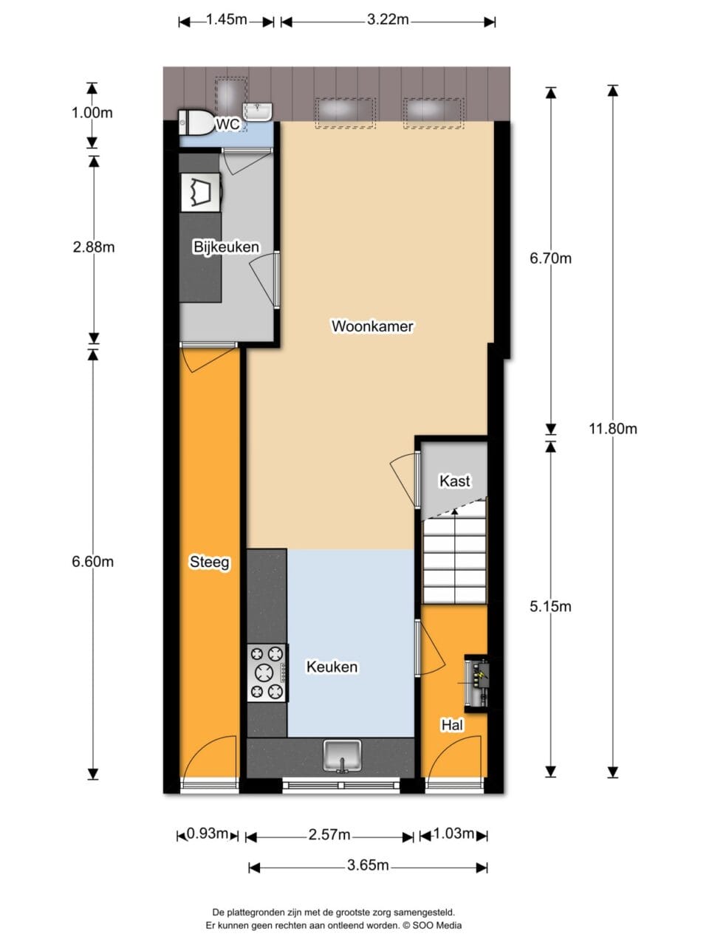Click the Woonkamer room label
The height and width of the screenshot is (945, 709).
point(372,326)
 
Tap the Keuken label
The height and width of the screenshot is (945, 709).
point(332,667)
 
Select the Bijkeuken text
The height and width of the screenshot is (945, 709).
point(227,247)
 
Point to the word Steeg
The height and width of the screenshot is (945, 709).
point(210,563)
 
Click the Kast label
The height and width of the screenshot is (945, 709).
point(455,481)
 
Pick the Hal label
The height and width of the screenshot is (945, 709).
point(452,726)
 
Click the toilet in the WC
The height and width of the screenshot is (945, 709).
point(196,123)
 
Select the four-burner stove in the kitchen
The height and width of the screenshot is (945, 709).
point(267,673)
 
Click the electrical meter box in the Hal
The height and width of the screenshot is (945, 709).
point(476,683)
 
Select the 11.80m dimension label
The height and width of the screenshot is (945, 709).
point(612,429)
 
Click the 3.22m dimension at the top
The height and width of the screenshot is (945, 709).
point(388,20)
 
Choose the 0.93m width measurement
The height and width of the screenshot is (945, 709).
point(207,834)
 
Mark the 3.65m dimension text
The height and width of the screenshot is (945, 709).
point(368,865)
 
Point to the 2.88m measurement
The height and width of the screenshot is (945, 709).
point(93,247)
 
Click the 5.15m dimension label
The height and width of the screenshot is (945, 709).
point(550,607)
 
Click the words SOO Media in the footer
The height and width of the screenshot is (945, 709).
point(437,925)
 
